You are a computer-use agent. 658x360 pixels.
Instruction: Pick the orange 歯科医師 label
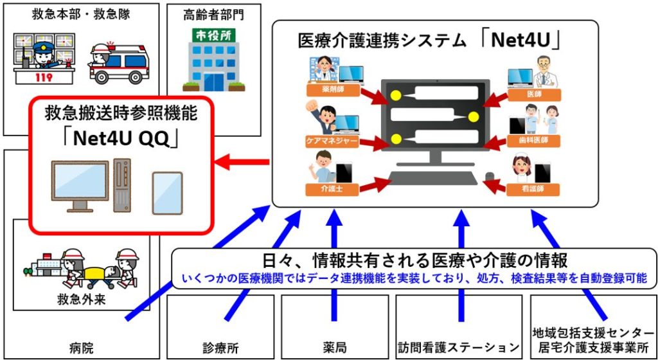click(533, 140)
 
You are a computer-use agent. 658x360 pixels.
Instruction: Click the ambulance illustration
click(118, 64)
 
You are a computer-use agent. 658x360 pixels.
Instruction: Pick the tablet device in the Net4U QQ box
click(167, 192)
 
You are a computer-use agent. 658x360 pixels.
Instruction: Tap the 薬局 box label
click(333, 348)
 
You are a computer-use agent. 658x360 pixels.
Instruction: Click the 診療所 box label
click(220, 348)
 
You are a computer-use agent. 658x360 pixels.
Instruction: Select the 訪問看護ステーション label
click(458, 348)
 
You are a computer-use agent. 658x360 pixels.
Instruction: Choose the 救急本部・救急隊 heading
click(82, 14)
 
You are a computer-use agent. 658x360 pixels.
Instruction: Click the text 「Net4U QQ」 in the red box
click(120, 138)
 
